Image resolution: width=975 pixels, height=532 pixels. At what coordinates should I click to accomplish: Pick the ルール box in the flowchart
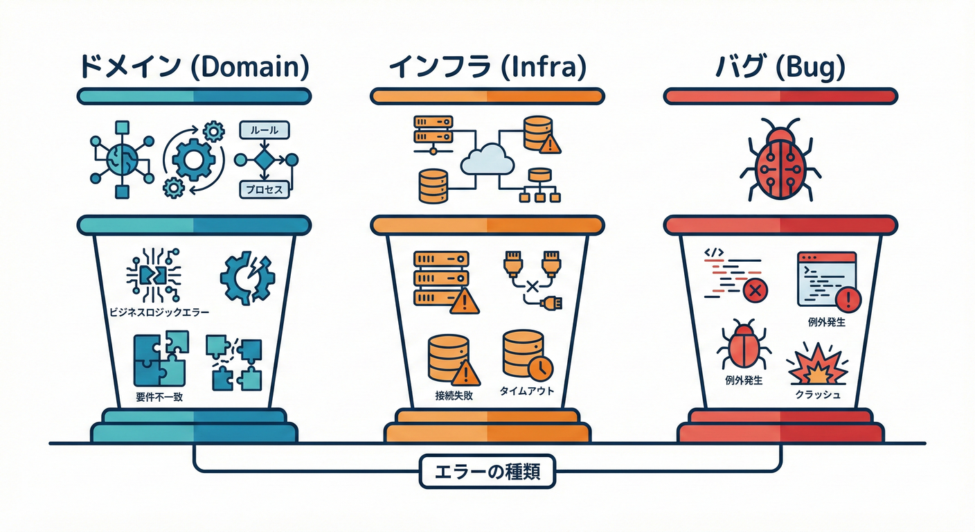tap(263, 130)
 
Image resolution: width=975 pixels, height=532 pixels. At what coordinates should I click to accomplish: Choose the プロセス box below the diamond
tap(263, 188)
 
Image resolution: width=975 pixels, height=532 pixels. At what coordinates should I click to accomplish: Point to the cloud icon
tap(487, 159)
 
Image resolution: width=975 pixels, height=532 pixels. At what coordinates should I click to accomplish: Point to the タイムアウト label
tap(527, 391)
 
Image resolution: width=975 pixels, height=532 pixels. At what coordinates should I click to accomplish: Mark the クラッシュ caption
tap(818, 396)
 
